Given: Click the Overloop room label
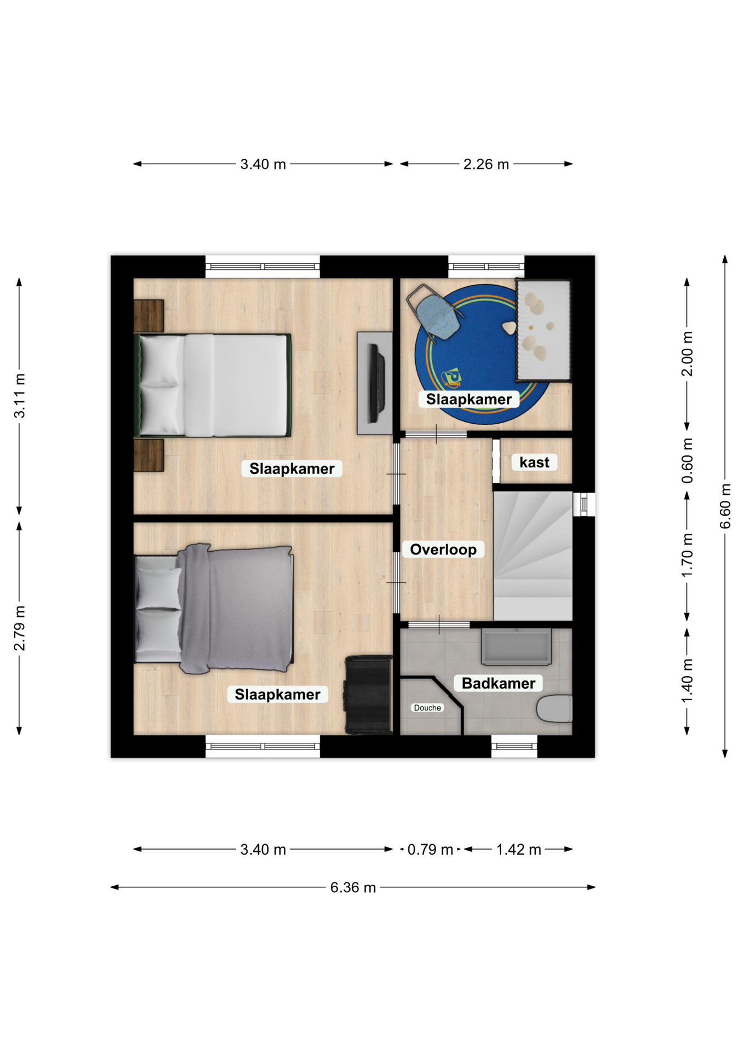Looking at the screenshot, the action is (x=443, y=549).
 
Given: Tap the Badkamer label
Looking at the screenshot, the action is (x=498, y=683).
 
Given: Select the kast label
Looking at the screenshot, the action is (x=534, y=463).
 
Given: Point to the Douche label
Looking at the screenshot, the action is (x=427, y=708).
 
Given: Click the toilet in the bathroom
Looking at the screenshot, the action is (x=554, y=709).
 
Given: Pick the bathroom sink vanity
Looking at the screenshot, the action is (x=516, y=646).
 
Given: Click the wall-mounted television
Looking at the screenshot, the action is (x=376, y=383).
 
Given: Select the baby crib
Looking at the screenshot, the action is (x=543, y=330).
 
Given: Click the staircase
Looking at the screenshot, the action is (x=533, y=556).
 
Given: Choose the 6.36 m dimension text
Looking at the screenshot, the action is (x=353, y=887).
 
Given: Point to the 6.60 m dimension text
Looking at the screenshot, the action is (x=725, y=506).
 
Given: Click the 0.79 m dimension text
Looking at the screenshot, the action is (x=430, y=850).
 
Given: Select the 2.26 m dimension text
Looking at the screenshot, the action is (x=486, y=164).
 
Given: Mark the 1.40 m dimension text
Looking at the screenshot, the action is (x=687, y=681).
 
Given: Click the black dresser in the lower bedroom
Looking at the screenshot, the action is (x=369, y=695).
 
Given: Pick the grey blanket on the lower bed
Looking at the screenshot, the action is (x=236, y=608).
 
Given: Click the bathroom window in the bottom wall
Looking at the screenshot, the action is (x=514, y=746).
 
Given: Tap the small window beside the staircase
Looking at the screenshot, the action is (x=584, y=504).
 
